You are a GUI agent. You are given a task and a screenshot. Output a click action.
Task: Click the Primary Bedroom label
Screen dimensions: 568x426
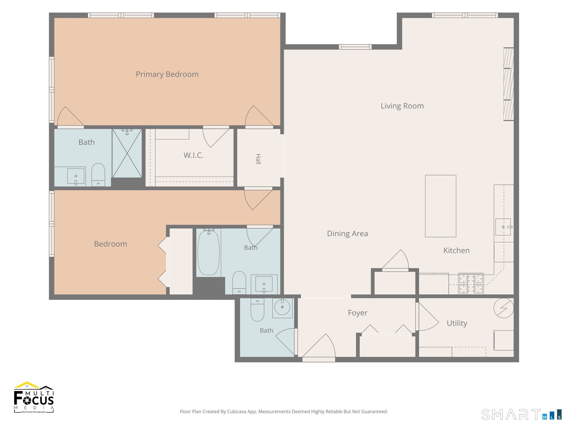tap(167, 74)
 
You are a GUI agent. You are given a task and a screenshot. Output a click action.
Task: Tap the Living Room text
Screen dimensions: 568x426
tap(402, 106)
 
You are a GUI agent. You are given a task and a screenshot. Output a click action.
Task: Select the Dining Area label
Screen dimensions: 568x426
tap(347, 233)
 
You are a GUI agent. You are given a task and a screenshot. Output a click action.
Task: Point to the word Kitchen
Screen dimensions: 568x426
tap(456, 250)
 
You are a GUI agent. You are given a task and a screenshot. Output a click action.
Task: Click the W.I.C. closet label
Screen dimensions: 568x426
tap(193, 155)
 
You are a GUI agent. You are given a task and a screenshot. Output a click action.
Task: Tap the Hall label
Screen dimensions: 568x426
tap(258, 159)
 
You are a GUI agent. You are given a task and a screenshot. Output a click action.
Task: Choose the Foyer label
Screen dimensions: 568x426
tap(358, 313)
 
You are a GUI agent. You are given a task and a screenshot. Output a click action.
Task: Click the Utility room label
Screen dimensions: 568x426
tap(457, 323)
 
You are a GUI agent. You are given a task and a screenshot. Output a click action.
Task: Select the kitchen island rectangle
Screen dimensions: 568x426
tap(440, 206)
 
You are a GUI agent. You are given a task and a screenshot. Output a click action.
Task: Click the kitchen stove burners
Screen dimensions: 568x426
tap(471, 283)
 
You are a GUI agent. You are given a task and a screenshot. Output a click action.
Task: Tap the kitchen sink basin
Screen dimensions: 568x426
tap(503, 227)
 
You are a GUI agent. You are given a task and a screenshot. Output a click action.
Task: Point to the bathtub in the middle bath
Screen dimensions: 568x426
tap(208, 253)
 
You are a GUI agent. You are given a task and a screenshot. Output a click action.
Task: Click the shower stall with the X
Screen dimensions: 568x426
tap(127, 153)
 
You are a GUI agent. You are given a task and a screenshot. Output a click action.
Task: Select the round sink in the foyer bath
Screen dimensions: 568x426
tap(282, 307)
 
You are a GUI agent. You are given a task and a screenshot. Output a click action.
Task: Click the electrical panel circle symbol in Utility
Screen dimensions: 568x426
tap(504, 308)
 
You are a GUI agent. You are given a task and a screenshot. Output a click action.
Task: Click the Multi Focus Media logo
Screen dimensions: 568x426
tap(34, 397)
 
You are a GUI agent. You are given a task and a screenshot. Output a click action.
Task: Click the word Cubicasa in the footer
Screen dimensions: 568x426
tap(236, 412)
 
